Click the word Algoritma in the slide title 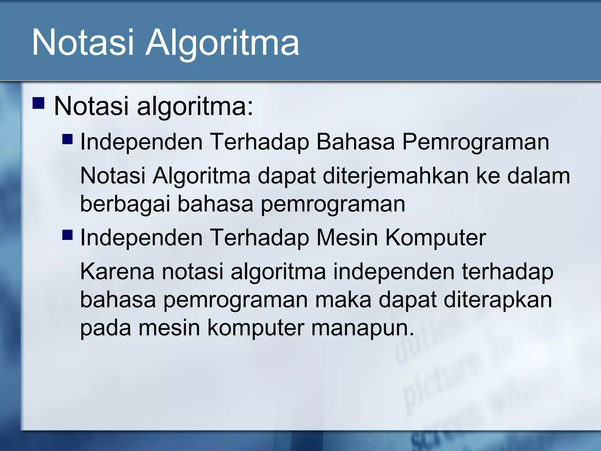(222, 43)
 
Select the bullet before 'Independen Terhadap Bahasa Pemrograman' (67, 139)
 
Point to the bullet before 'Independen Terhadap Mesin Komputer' (67, 235)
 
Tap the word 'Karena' (117, 271)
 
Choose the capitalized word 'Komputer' (436, 237)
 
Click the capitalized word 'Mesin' (347, 237)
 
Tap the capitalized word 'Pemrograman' (475, 142)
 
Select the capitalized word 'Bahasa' (355, 142)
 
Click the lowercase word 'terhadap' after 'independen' (508, 271)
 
